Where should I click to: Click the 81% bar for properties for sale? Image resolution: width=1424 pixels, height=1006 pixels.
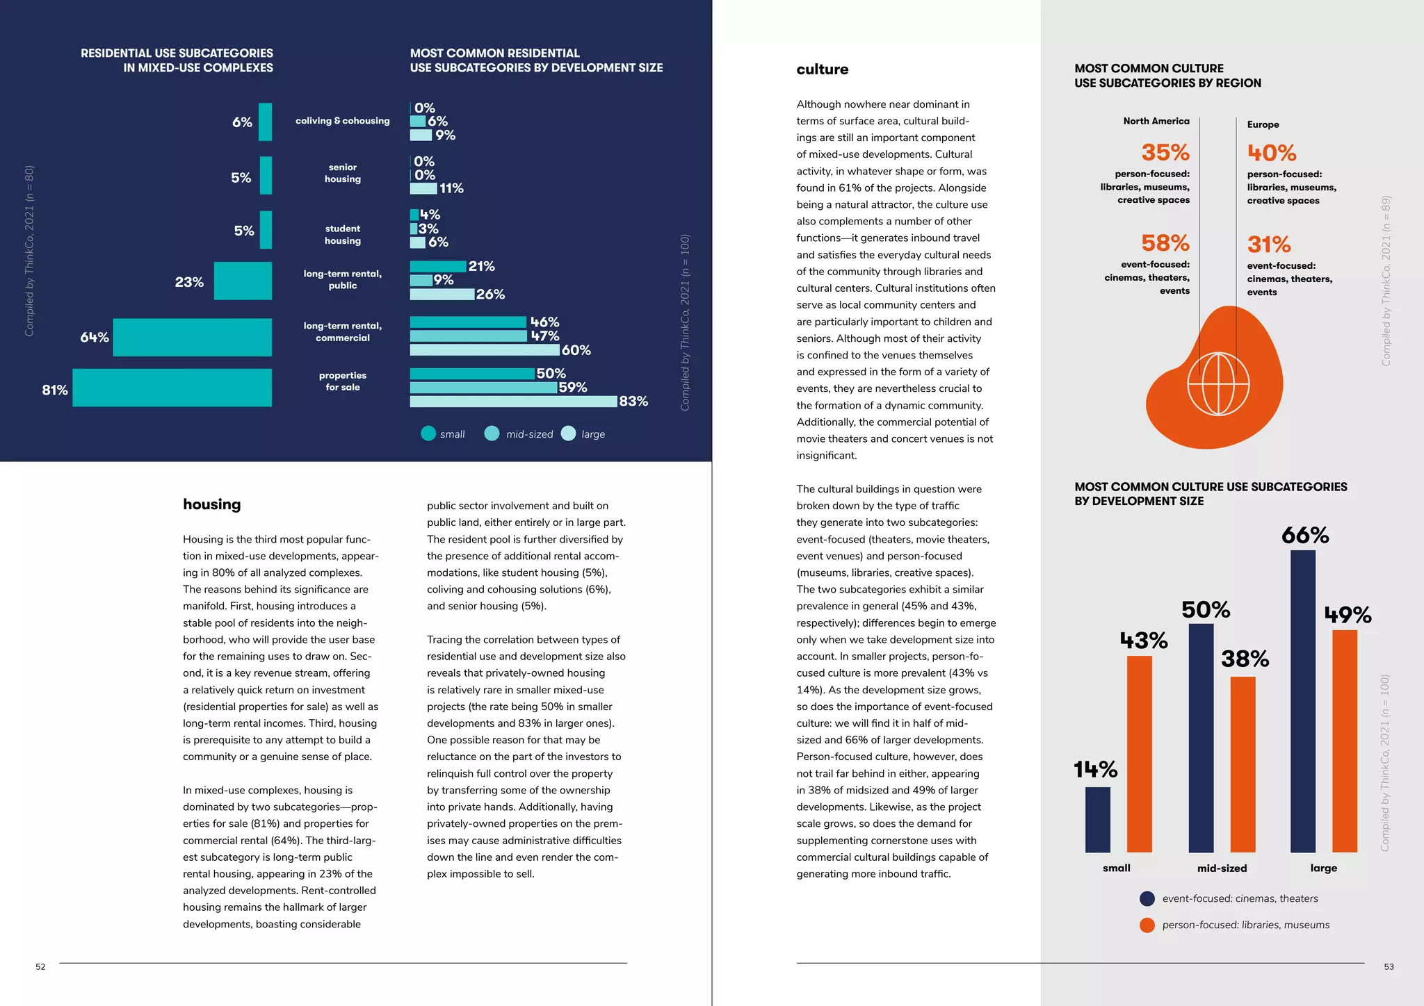coord(172,388)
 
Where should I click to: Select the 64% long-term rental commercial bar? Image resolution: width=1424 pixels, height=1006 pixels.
coord(192,338)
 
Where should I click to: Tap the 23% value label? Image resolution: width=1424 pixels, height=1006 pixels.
coord(189,282)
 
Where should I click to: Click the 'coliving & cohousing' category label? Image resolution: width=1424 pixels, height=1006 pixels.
coord(342,121)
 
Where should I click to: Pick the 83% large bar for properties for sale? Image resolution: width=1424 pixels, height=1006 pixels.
coord(513,402)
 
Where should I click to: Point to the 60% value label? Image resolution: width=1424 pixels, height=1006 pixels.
coord(576,350)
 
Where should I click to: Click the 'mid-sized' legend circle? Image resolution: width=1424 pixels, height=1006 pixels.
coord(492,434)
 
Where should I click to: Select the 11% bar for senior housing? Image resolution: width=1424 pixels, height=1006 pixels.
coord(423,188)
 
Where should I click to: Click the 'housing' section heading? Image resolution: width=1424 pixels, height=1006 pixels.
coord(211,504)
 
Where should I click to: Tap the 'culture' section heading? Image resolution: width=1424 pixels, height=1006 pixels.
coord(822,69)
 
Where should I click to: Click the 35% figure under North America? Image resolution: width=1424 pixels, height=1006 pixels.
coord(1165,152)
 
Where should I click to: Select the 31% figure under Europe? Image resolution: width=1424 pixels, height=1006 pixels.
coord(1268,245)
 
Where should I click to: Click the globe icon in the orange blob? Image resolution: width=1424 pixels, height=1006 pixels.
coord(1218,384)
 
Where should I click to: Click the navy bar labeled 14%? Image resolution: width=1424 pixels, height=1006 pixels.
coord(1097,819)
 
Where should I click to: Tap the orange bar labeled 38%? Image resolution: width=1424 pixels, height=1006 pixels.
coord(1243,764)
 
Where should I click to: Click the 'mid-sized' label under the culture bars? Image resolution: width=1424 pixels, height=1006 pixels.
coord(1222,868)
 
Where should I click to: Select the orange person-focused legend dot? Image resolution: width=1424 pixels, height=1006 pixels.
coord(1147,925)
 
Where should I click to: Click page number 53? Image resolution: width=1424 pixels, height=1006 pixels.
coord(1388,967)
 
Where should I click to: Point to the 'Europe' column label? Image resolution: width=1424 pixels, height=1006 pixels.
coord(1263,125)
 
